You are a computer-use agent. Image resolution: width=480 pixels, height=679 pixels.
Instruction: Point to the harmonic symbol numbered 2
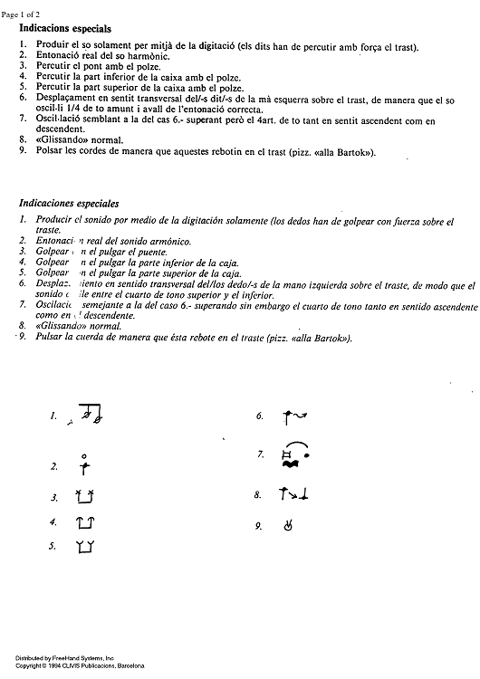click(x=84, y=465)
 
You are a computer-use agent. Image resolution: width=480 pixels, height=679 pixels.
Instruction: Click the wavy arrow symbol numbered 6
click(x=296, y=416)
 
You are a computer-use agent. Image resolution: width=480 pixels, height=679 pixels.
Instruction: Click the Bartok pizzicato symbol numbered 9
click(x=289, y=525)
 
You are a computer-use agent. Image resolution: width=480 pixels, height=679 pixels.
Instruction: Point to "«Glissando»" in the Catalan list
click(x=47, y=140)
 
